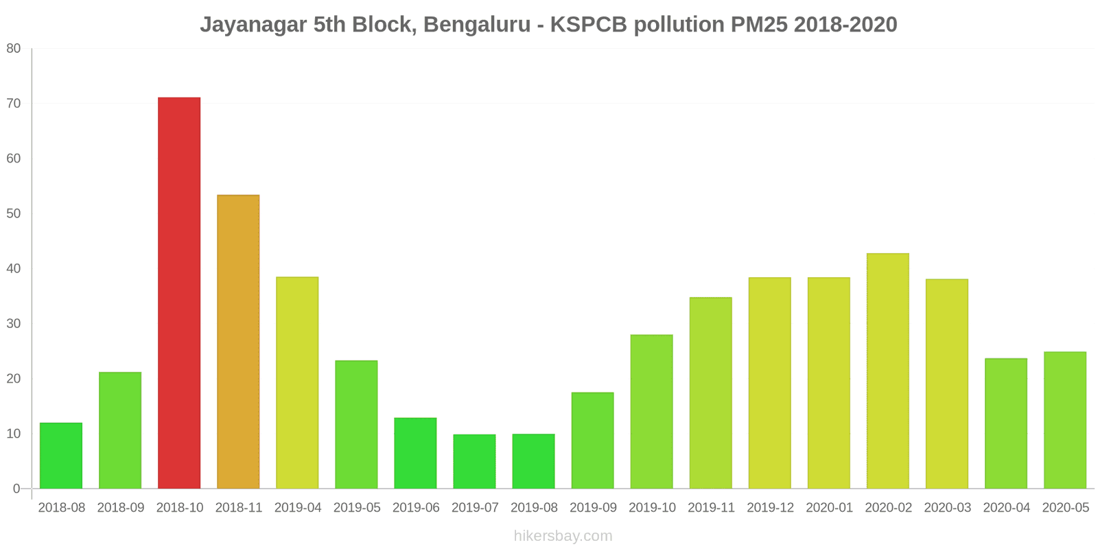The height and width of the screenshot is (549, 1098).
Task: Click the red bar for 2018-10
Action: pos(179,293)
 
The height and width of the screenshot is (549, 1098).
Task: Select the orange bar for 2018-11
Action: pos(238,342)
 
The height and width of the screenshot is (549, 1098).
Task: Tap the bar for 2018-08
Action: pos(61,456)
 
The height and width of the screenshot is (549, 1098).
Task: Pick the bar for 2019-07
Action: pos(474,461)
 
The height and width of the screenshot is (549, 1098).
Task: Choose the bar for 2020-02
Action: pos(887,371)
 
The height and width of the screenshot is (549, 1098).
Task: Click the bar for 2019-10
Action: pos(651,412)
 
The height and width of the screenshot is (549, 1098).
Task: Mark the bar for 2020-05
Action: pos(1065,420)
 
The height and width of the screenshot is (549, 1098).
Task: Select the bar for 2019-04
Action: pos(297,383)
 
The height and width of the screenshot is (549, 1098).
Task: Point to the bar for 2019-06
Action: pos(415,453)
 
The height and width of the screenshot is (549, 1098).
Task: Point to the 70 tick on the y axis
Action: pos(14,104)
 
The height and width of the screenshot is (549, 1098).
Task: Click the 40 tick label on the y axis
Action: pos(14,268)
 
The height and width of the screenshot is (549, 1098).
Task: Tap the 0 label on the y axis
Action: pos(16,489)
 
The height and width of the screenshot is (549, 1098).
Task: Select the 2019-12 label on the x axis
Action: pos(770,508)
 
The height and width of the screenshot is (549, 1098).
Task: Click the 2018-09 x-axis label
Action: pos(121,508)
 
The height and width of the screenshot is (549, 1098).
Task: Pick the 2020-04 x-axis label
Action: pos(1006,508)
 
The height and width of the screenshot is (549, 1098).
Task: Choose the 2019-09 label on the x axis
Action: pos(593,508)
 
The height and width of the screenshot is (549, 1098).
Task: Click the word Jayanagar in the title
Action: pos(253,25)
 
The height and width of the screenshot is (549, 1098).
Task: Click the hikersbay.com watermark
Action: pos(563,536)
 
